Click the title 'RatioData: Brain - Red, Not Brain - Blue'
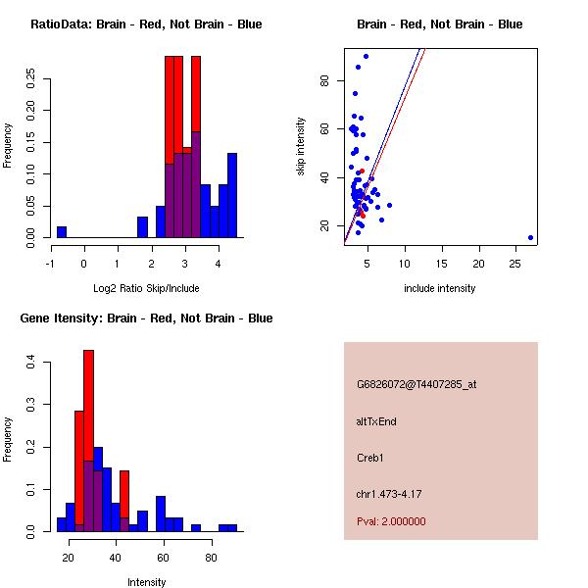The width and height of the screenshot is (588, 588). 146,24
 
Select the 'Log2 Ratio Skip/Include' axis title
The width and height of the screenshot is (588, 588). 146,288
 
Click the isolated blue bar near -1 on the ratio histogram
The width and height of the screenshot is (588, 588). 62,231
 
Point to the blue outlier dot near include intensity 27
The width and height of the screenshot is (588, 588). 530,237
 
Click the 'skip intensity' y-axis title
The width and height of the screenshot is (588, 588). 302,147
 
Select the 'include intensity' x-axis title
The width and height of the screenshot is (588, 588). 440,288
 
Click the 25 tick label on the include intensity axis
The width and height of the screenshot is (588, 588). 515,264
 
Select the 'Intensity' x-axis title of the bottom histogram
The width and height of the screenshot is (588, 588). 146,582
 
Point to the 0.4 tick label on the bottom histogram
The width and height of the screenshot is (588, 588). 32,364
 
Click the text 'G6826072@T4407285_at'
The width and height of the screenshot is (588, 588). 416,384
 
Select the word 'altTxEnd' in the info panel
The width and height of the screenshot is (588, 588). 376,421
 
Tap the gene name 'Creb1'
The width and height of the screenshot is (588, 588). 369,458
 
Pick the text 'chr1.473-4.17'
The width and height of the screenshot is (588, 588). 389,494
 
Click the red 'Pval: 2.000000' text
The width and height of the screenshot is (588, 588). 391,521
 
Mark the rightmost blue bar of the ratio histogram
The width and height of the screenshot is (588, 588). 232,195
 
